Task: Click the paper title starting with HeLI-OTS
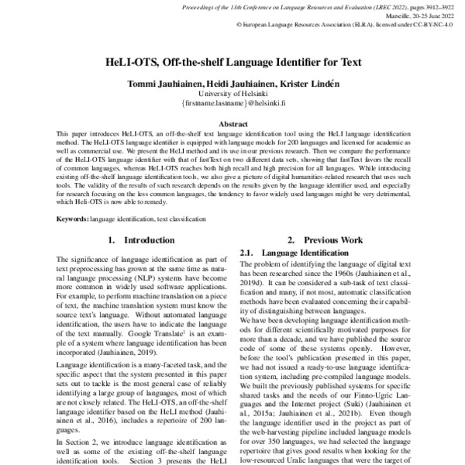[x=232, y=61]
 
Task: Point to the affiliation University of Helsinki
[x=232, y=93]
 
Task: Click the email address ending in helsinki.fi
[x=232, y=102]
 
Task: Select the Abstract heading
[x=232, y=123]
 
